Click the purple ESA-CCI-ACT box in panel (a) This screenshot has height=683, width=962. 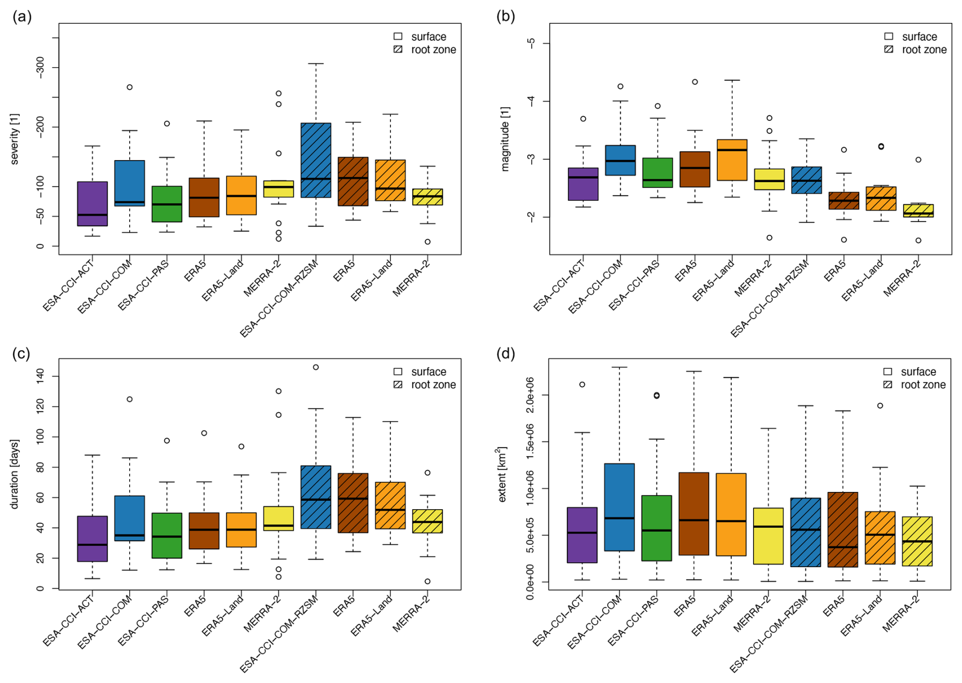tap(93, 203)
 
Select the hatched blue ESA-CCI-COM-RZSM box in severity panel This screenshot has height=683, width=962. tap(316, 160)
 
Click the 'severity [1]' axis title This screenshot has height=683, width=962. tap(15, 139)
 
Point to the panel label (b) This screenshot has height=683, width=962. tap(505, 17)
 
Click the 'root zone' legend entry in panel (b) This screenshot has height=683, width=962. tap(924, 50)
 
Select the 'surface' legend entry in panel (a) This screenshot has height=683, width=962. tap(428, 37)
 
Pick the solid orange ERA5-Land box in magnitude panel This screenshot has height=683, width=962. tap(732, 160)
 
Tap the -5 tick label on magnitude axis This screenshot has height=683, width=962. tap(531, 43)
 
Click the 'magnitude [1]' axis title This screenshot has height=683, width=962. tap(505, 139)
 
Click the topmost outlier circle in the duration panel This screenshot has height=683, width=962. tap(316, 367)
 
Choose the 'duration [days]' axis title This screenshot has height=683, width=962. tap(15, 474)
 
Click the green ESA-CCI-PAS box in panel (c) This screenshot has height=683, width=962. tap(167, 536)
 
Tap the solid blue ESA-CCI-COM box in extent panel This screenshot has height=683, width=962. tap(619, 507)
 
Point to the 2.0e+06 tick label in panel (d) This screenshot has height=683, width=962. tap(530, 395)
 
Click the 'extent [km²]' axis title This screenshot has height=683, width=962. tap(502, 474)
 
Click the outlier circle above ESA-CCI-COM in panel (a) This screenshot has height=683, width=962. tap(130, 87)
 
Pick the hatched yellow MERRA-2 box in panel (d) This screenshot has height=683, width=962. tap(917, 541)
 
